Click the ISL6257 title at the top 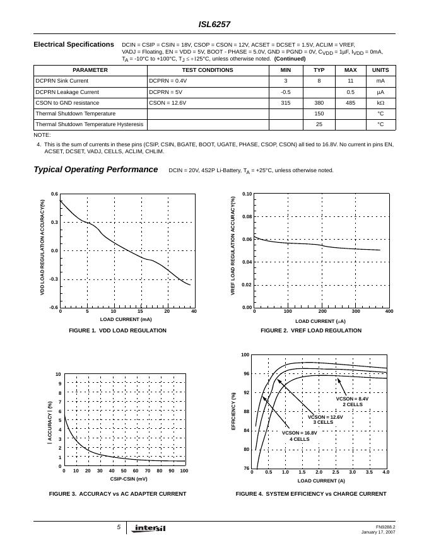214,25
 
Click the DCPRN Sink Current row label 62,81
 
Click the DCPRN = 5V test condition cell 167,91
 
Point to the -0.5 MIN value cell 285,91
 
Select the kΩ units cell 380,102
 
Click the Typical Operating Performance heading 95,170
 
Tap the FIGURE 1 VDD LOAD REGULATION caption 118,330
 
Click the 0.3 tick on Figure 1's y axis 55,223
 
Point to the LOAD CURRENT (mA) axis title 126,320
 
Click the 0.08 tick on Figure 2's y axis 247,217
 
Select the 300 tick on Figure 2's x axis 355,312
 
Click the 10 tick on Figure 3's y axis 58,375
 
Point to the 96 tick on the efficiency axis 245,374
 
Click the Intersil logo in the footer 150,529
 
